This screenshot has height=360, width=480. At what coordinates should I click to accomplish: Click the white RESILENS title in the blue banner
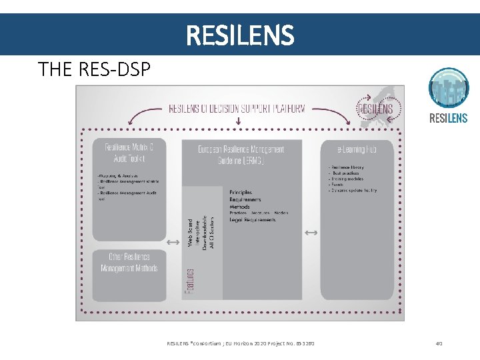(x=240, y=35)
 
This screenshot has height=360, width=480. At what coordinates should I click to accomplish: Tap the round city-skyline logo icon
(x=448, y=88)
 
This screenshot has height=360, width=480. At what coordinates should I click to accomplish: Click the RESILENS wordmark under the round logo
(x=448, y=119)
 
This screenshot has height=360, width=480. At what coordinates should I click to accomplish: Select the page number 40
(x=439, y=343)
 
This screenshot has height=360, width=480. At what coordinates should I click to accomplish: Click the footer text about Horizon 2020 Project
(x=240, y=343)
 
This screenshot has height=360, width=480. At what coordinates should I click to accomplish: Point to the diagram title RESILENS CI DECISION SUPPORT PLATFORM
(x=237, y=108)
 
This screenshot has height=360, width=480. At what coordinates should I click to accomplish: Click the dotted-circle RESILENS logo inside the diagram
(x=375, y=108)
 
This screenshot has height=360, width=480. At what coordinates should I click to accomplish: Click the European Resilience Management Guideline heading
(x=241, y=155)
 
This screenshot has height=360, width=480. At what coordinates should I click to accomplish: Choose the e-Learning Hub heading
(x=357, y=149)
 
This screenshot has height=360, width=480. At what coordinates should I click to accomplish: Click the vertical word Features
(x=191, y=282)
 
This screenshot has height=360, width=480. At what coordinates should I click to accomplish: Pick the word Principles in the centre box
(x=241, y=192)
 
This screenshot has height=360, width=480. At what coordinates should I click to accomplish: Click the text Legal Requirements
(x=253, y=220)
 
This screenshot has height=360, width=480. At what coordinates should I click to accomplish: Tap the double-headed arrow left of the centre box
(x=173, y=242)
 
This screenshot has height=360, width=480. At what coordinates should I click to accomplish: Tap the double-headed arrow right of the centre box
(x=311, y=232)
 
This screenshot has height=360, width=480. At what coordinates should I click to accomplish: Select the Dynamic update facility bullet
(x=353, y=190)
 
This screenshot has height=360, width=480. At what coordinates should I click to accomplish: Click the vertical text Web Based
(x=190, y=233)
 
